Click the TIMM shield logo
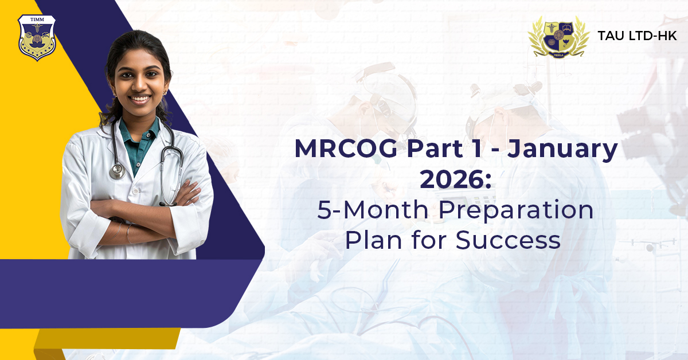(x=37, y=37)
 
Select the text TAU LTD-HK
(x=637, y=36)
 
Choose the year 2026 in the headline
(x=453, y=179)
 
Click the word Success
(x=508, y=240)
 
